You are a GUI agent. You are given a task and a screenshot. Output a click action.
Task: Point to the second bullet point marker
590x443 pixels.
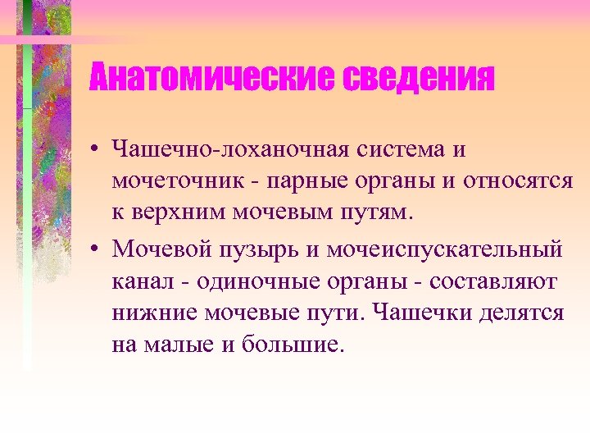click(x=96, y=248)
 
